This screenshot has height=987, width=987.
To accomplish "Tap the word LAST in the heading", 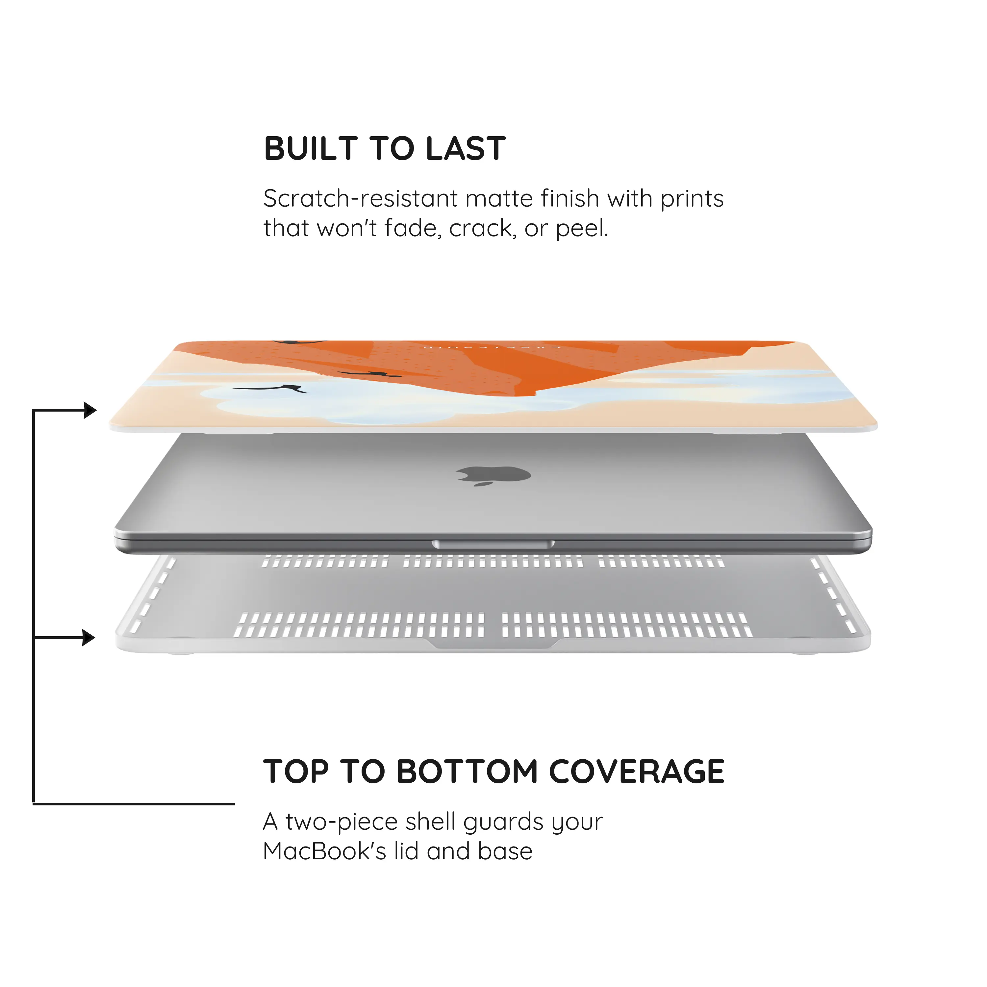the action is click(x=466, y=149).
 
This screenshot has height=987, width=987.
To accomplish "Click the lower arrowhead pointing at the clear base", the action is click(x=89, y=638).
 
